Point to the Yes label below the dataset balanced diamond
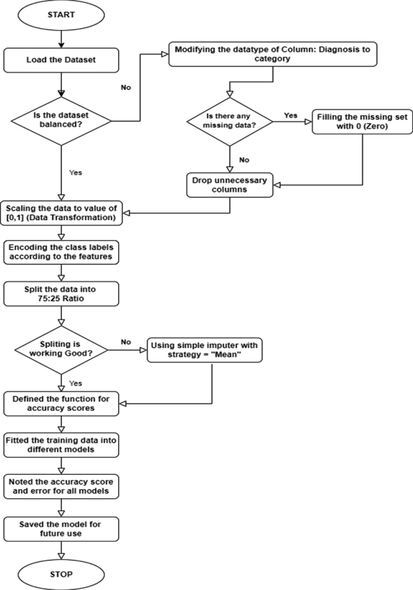click(76, 172)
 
